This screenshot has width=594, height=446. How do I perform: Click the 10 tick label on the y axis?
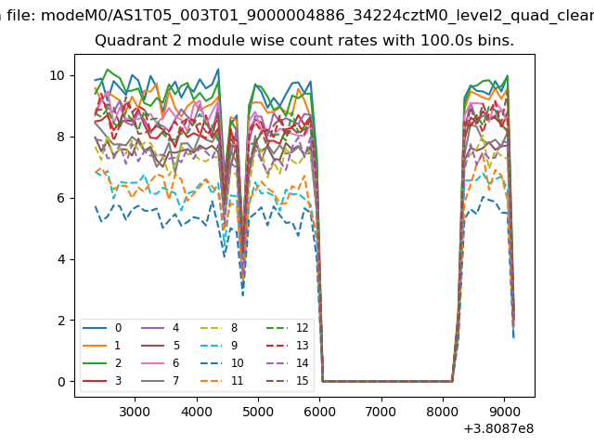click(56, 75)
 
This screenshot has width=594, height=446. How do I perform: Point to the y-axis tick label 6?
click(60, 198)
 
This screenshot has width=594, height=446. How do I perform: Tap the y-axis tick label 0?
click(60, 382)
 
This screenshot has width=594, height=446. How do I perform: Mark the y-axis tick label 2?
click(60, 321)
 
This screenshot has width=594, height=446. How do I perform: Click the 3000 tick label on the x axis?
click(135, 411)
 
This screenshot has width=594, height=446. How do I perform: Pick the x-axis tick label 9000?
click(504, 411)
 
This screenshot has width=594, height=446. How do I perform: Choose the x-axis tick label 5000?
click(258, 411)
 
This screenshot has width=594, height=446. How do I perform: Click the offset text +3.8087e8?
click(497, 428)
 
